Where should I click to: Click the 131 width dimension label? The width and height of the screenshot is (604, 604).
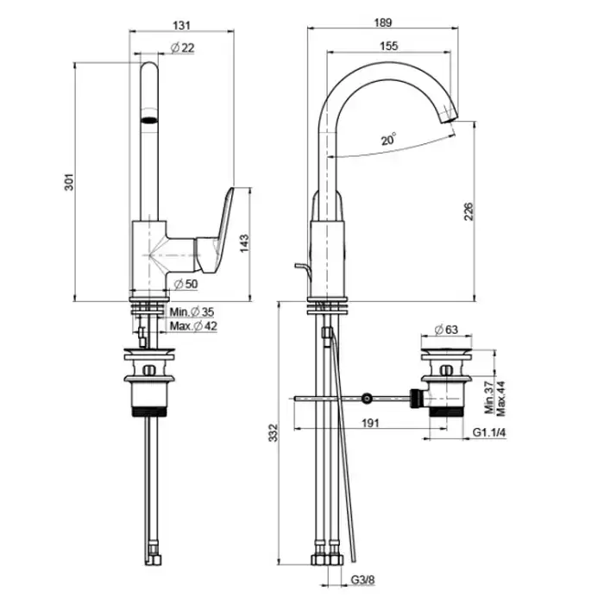[182, 25]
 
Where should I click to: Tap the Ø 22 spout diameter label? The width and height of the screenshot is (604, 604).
[182, 47]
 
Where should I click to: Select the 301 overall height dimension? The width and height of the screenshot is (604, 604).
[68, 182]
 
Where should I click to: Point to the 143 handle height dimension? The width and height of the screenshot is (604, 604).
[244, 243]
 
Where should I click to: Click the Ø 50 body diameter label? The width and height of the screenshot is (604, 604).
[186, 284]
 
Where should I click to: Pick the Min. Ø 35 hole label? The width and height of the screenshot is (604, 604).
[192, 311]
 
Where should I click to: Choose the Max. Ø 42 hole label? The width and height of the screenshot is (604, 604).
[193, 326]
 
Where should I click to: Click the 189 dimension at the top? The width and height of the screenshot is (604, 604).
[383, 22]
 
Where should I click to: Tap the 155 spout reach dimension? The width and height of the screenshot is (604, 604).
[388, 46]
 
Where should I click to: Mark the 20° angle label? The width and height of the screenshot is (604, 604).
[388, 139]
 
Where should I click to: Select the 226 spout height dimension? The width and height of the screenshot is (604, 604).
[469, 211]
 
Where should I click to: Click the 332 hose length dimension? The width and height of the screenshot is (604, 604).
[274, 432]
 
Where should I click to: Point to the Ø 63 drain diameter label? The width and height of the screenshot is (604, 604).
[446, 330]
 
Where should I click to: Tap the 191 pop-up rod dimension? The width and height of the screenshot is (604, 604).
[370, 423]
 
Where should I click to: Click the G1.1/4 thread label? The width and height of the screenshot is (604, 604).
[489, 432]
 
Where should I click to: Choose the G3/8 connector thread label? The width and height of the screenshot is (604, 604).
[362, 579]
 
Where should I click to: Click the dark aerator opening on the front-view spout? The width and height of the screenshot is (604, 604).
[149, 120]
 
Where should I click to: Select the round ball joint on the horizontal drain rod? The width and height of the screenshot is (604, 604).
[367, 398]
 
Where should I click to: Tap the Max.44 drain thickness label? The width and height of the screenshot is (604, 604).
[500, 399]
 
